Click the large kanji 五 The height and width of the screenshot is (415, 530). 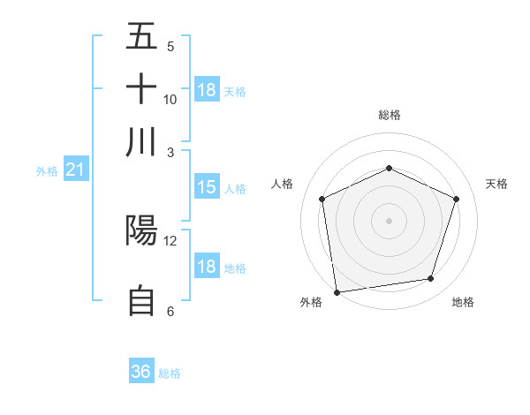141,36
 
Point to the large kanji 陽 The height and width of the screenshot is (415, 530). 141,230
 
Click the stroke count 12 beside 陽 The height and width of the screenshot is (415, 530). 170,241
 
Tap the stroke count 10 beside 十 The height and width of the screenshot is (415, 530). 170,100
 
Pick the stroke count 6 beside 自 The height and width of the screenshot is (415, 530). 170,311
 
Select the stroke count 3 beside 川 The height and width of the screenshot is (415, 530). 170,152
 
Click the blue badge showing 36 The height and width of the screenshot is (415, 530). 140,372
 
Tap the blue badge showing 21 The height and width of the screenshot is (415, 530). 74,170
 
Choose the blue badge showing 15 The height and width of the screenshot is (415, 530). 207,187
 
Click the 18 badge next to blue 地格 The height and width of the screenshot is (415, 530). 207,268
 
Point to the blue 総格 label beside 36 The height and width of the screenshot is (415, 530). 170,373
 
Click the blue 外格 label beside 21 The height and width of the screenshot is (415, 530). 47,171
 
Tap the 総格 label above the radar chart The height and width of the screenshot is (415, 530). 389,115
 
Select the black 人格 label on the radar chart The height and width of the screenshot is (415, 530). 283,184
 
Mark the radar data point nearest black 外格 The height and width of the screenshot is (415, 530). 337,291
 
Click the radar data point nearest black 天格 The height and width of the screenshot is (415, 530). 457,199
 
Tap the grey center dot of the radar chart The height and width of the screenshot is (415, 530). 389,221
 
